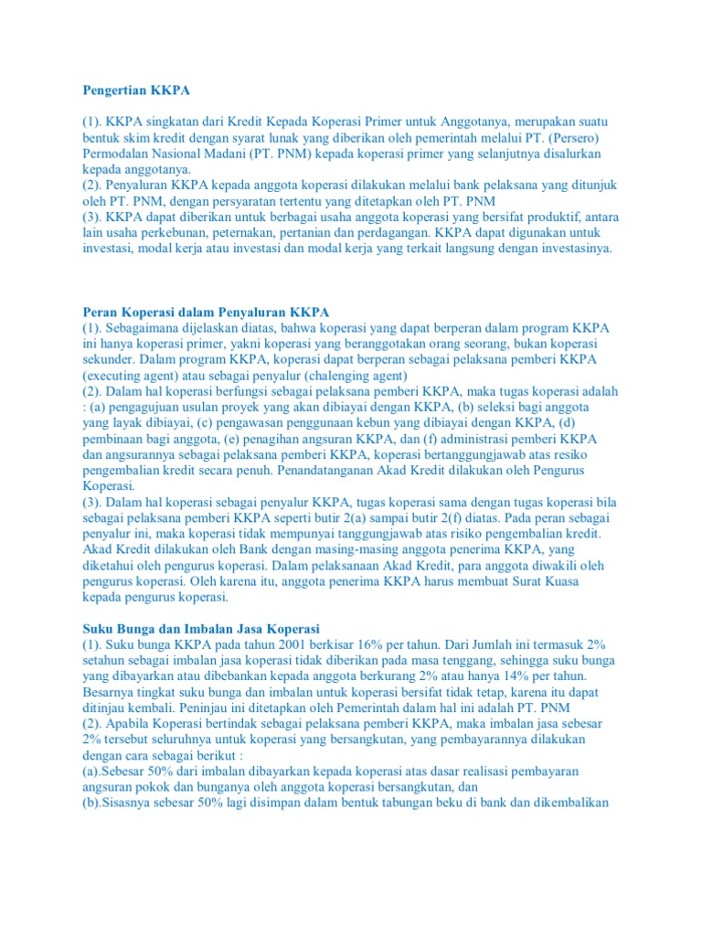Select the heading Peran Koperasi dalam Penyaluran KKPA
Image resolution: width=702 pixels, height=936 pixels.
point(206,311)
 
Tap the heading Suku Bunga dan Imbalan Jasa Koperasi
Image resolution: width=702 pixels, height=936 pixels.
point(201,628)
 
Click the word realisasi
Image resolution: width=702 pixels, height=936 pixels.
point(476,771)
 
